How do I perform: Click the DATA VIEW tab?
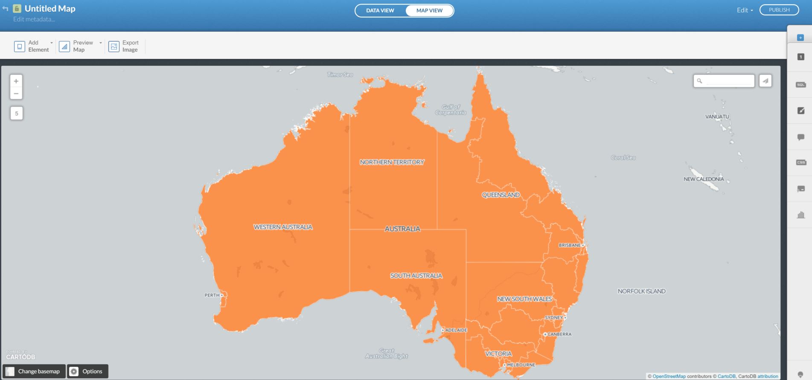(x=380, y=10)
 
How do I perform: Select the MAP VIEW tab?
(x=429, y=10)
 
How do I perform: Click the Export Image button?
(x=124, y=46)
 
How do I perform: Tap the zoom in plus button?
(x=16, y=81)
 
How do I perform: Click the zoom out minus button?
(x=16, y=94)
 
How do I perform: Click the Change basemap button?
(x=34, y=371)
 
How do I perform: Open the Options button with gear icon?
(x=87, y=371)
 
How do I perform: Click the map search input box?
(x=729, y=81)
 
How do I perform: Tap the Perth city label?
(x=212, y=295)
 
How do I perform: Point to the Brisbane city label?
(x=570, y=246)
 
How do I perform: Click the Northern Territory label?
(x=392, y=162)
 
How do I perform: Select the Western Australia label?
(x=283, y=227)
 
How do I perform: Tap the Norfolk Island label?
(x=641, y=291)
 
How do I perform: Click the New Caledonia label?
(x=704, y=179)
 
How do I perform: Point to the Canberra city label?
(x=559, y=334)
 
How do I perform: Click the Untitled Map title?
(x=50, y=9)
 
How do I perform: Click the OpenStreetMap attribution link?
(x=669, y=376)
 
